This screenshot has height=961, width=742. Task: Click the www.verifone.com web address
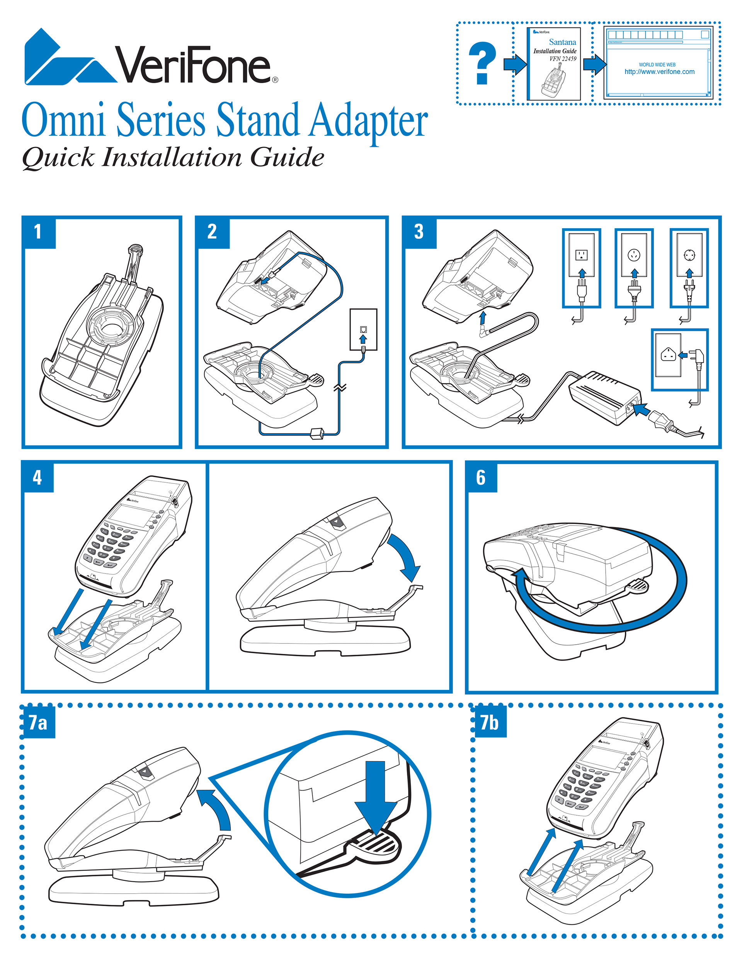659,72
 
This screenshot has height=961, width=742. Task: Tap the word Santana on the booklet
562,42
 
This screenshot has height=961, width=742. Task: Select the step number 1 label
38,232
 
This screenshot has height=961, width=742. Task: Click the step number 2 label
212,232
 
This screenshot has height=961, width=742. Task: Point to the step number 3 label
419,232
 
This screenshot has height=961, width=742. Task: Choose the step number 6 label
481,478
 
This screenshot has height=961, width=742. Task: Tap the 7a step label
38,722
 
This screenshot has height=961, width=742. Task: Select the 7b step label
489,722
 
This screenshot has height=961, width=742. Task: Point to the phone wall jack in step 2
363,329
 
